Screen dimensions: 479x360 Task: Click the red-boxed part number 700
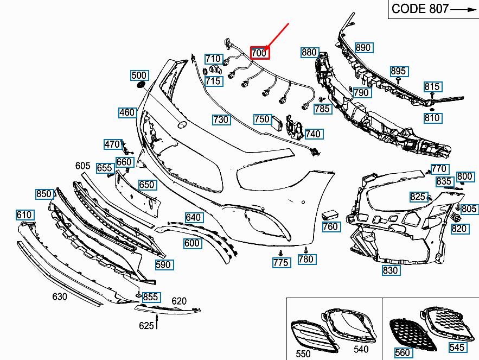click(260, 53)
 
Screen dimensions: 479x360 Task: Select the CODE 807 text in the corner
click(420, 9)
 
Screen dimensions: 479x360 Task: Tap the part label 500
click(139, 75)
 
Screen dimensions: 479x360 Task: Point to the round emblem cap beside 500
click(141, 84)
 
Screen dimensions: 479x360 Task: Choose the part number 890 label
click(363, 47)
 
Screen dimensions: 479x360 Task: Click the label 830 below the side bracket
click(391, 270)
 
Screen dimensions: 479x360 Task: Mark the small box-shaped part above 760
click(329, 214)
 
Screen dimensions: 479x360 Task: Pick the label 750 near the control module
click(263, 119)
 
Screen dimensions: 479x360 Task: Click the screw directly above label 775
click(281, 253)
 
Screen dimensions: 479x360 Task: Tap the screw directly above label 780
click(305, 250)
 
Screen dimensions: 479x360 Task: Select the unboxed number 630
click(60, 296)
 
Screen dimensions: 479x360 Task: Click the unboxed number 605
click(83, 166)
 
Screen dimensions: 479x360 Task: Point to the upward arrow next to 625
click(157, 322)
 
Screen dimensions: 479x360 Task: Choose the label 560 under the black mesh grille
click(403, 352)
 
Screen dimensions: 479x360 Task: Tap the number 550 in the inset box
click(303, 353)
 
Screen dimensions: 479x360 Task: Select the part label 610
click(25, 214)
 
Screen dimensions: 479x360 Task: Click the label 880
click(310, 52)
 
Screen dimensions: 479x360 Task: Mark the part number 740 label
click(314, 134)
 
